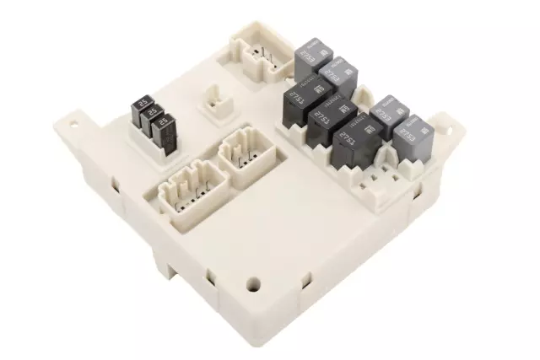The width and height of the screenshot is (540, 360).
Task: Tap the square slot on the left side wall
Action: (113, 180)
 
